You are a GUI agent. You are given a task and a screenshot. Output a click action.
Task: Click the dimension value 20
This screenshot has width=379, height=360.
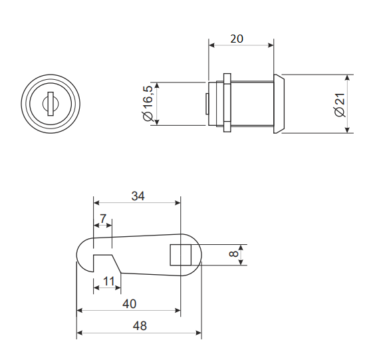pos(237,39)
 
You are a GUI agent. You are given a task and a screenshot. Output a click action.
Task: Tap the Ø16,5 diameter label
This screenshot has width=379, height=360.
pos(148,103)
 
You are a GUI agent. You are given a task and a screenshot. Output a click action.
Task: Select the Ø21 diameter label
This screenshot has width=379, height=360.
pos(340,104)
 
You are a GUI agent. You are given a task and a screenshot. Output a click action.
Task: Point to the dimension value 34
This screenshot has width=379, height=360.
pos(138,196)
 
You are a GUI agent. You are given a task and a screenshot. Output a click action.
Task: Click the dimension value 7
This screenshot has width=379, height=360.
pos(103,219)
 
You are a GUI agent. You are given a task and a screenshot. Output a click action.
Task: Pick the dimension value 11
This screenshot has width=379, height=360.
pos(108,281)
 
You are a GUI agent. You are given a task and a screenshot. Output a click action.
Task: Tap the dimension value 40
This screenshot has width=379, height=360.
pos(129,304)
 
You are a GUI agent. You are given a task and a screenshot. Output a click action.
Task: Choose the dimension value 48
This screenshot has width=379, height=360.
pos(140,326)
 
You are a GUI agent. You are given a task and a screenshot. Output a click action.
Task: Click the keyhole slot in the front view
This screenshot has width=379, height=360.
pos(51,104)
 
